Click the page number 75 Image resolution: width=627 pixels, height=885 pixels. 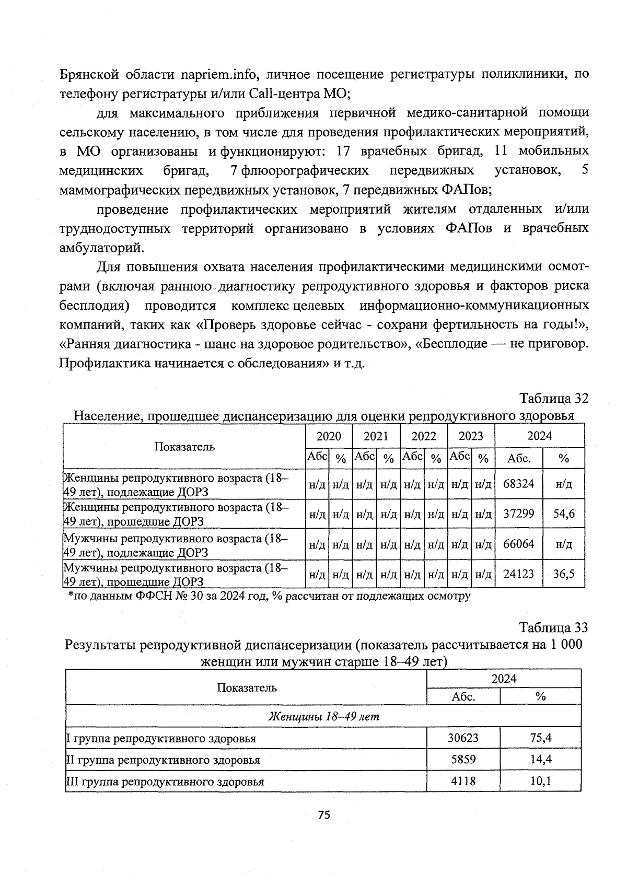[x=324, y=815]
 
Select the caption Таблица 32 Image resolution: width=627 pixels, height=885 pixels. [x=554, y=399]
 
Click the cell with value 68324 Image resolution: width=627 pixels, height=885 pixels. [x=518, y=484]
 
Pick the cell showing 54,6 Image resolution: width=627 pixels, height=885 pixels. [x=564, y=514]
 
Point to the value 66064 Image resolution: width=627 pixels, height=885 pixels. [x=518, y=544]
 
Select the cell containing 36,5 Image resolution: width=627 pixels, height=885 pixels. [x=564, y=574]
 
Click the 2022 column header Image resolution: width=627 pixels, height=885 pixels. [x=423, y=436]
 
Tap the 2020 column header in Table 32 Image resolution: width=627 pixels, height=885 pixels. [x=329, y=436]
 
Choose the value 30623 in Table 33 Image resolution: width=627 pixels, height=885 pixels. [x=463, y=738]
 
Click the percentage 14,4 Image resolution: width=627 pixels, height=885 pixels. [x=541, y=760]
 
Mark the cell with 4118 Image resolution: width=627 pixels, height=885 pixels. [x=463, y=782]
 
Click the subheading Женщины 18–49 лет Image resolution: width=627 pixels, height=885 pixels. [x=323, y=716]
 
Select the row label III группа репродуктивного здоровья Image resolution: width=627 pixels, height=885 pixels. [x=165, y=782]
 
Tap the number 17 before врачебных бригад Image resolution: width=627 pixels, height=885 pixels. [x=343, y=151]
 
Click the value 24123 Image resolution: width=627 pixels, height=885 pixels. [x=518, y=574]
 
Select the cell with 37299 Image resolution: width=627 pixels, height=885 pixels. [x=518, y=514]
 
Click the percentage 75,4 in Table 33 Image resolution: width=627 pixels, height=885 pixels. [x=541, y=738]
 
